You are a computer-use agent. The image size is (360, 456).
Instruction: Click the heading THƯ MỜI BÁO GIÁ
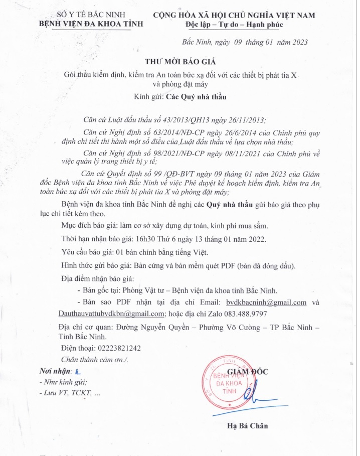tap(179, 62)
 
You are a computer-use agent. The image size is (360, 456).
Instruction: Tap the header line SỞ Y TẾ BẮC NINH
tap(91, 15)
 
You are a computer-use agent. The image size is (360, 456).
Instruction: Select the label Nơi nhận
tap(55, 371)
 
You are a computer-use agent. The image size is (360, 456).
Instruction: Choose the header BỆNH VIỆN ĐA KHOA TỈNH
tap(91, 24)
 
